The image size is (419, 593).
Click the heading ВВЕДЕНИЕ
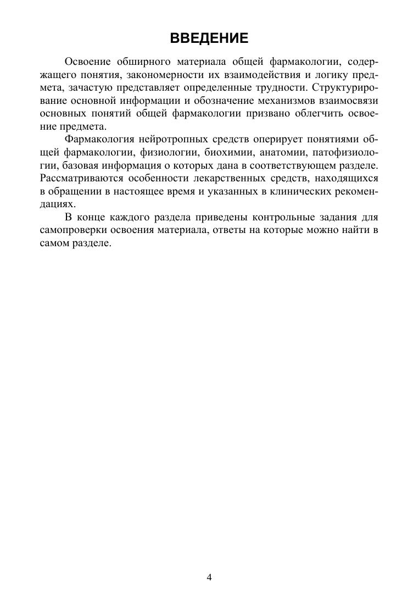pos(209,38)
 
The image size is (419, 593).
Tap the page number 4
pos(209,577)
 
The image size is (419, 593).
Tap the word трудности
pos(276,87)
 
